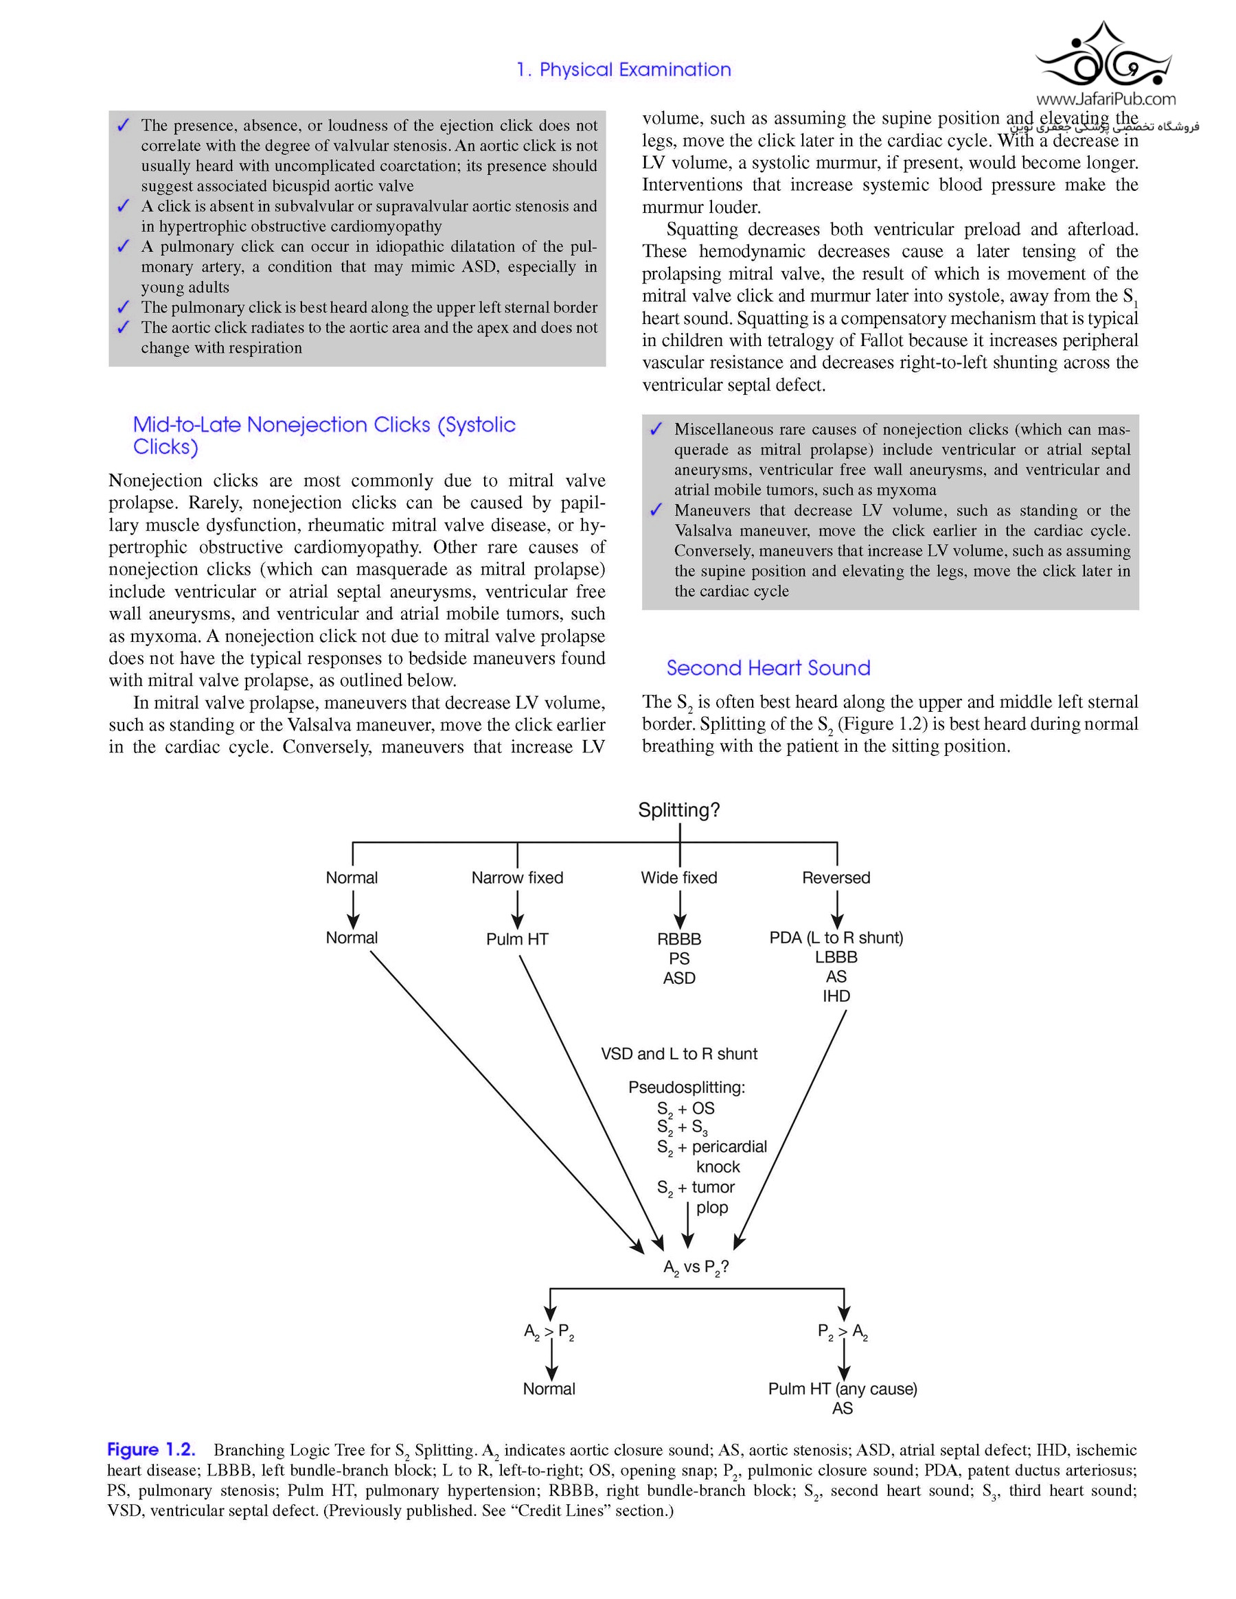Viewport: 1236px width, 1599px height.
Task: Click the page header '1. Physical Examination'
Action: tap(623, 69)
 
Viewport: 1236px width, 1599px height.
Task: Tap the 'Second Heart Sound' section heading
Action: tap(768, 668)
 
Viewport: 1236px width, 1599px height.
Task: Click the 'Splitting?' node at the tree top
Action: tap(679, 809)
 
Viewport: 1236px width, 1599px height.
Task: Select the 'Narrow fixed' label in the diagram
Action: tap(517, 877)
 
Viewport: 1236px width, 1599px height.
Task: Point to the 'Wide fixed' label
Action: tap(679, 877)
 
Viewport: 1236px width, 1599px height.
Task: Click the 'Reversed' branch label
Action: tap(836, 877)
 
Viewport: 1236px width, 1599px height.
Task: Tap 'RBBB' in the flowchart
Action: tap(679, 939)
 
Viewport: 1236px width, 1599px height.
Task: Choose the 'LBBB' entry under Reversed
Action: tap(836, 957)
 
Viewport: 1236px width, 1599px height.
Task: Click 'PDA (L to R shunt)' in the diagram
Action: tap(836, 938)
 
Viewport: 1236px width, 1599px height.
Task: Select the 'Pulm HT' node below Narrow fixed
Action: tap(517, 939)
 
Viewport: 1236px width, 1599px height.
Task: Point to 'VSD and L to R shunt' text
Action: tap(679, 1054)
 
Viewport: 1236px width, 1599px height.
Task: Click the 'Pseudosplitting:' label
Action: tap(686, 1088)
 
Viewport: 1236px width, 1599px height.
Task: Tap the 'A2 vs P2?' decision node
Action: tap(696, 1267)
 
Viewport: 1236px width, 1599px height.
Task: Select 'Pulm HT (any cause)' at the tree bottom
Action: tap(842, 1389)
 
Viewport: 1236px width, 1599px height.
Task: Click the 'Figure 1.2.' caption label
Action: tap(151, 1449)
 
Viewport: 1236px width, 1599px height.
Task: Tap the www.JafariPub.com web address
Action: tap(1106, 99)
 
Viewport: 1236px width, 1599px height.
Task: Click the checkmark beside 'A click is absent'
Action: tap(123, 207)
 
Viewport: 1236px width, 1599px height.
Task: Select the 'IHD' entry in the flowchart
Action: tap(836, 996)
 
